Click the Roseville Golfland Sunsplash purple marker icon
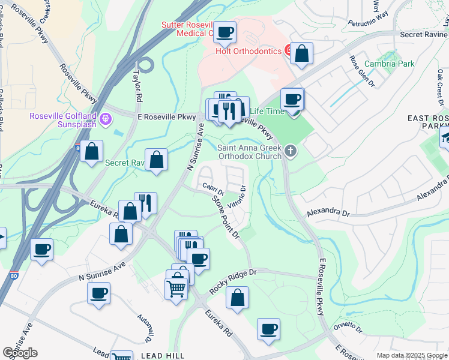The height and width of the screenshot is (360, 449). pos(107,119)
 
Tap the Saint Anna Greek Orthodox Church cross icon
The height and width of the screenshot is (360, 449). pos(291,151)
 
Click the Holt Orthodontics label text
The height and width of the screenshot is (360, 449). pos(249,51)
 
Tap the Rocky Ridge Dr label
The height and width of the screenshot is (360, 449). pos(232,281)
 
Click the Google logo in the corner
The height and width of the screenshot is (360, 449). pos(20,353)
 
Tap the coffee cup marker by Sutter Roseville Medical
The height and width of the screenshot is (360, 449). pos(225,32)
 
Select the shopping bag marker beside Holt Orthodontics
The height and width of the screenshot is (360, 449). pos(302,53)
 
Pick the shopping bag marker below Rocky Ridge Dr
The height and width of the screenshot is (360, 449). pos(238,297)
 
